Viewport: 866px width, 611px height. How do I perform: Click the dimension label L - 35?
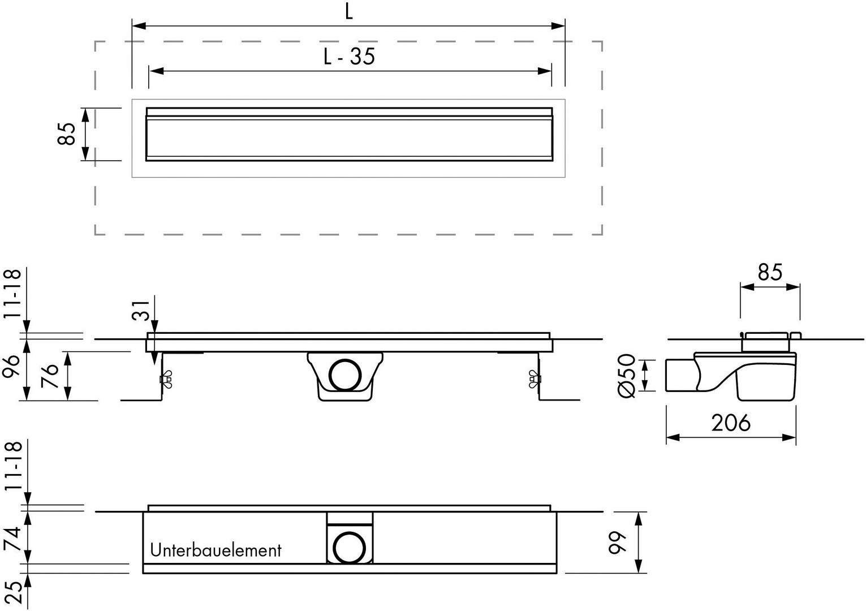(349, 57)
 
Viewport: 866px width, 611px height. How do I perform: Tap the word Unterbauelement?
(216, 550)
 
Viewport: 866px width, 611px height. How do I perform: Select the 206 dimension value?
(731, 423)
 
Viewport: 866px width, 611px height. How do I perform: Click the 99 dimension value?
(618, 543)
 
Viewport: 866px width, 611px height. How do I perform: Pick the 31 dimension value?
(141, 311)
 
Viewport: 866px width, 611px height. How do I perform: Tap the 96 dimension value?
(11, 367)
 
